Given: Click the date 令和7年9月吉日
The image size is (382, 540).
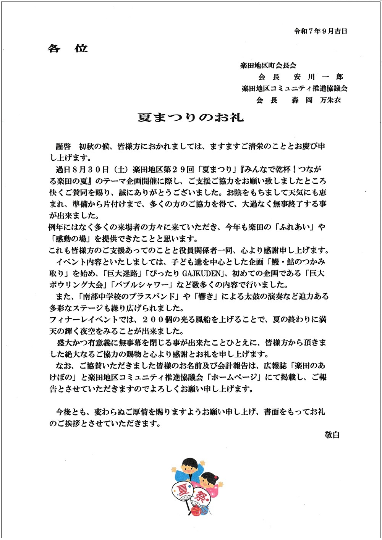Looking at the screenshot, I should pyautogui.click(x=320, y=32).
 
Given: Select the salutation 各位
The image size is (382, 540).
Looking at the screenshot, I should pyautogui.click(x=68, y=49).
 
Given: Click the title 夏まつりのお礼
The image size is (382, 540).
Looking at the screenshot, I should pyautogui.click(x=191, y=117).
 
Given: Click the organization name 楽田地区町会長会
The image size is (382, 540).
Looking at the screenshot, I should pyautogui.click(x=268, y=66).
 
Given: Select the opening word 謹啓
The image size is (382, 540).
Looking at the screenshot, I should pyautogui.click(x=63, y=146).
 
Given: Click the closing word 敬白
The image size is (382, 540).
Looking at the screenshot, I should pyautogui.click(x=332, y=435).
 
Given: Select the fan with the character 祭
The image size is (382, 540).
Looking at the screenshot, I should pyautogui.click(x=200, y=497).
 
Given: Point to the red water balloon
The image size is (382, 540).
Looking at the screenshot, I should pyautogui.click(x=196, y=510).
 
